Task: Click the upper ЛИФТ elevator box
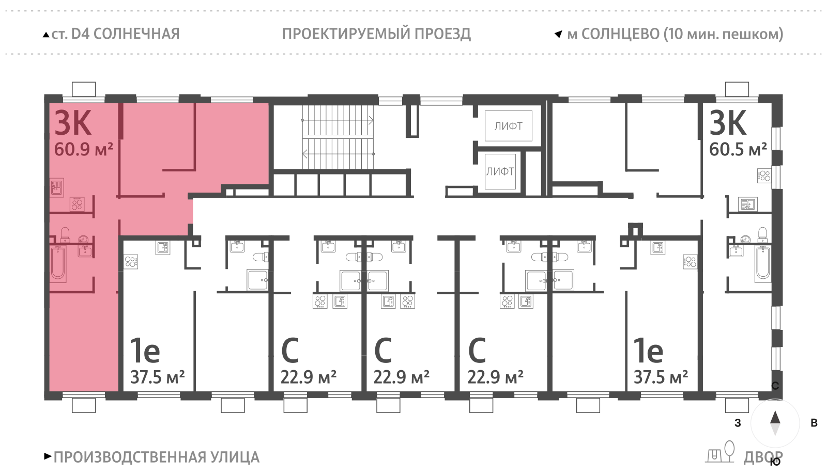point(508,126)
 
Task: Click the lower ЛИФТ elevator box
point(500,171)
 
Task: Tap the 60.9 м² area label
point(83,150)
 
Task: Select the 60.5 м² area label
point(738,150)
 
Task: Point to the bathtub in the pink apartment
point(58,263)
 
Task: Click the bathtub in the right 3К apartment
point(763,263)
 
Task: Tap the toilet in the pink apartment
point(65,235)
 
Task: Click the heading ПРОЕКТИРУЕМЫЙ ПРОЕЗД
point(376,34)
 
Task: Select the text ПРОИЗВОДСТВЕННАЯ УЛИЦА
point(156,457)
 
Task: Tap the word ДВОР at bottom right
point(763,457)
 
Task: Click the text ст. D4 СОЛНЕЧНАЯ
point(115,34)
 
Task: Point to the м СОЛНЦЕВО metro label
point(675,34)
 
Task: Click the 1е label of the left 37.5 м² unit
point(145,351)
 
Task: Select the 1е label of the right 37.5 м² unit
point(648,351)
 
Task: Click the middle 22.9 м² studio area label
point(401,377)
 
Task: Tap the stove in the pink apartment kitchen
point(77,204)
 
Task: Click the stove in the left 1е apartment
point(131,262)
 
